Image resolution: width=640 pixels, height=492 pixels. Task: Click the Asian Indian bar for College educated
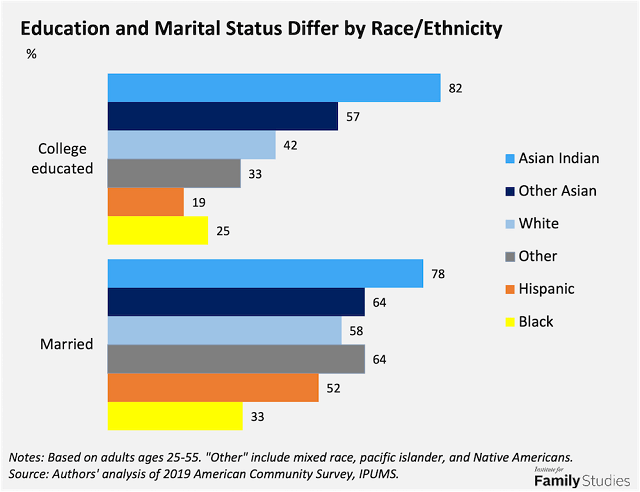(273, 88)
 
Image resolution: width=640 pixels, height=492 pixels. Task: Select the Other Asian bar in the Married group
(235, 301)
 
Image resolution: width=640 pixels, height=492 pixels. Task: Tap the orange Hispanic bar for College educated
(145, 202)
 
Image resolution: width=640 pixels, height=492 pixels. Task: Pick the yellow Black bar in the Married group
(174, 415)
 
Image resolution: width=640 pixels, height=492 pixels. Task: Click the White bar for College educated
(191, 145)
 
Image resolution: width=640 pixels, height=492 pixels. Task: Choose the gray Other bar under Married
(235, 358)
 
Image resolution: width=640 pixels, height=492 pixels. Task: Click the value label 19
(199, 202)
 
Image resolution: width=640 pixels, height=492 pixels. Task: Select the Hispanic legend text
(547, 289)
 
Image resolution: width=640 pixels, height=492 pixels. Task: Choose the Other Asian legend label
(558, 191)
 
